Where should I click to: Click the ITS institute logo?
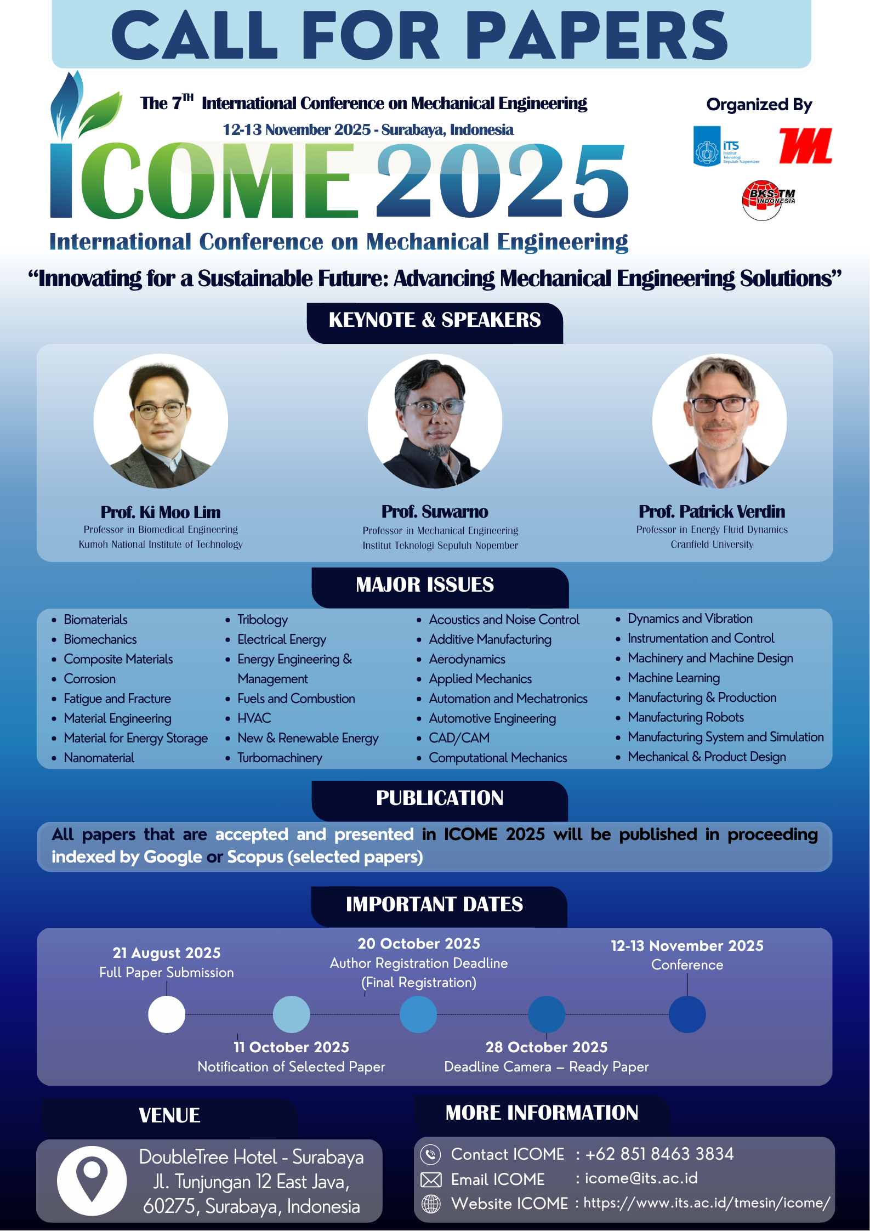pos(725,146)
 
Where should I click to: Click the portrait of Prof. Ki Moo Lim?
pos(161,421)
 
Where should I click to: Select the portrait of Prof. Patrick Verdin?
pos(719,421)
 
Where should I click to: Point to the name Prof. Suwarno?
pos(435,512)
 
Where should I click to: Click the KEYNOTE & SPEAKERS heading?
pos(435,320)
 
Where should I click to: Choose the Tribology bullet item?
pos(262,620)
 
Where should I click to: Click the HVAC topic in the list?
pos(254,718)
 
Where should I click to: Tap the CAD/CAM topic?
pos(459,738)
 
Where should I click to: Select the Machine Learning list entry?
pos(674,678)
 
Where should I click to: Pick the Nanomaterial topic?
pos(99,758)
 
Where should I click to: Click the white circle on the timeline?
pos(167,1014)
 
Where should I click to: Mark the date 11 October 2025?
pos(291,1047)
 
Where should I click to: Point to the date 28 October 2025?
pos(547,1047)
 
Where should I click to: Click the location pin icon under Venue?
pos(92,1180)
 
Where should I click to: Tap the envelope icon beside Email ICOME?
pos(431,1179)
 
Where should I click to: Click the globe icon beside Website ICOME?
pos(431,1204)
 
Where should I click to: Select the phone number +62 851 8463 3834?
pos(659,1154)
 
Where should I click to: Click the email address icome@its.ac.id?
pos(641,1178)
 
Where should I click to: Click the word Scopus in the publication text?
pos(255,857)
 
